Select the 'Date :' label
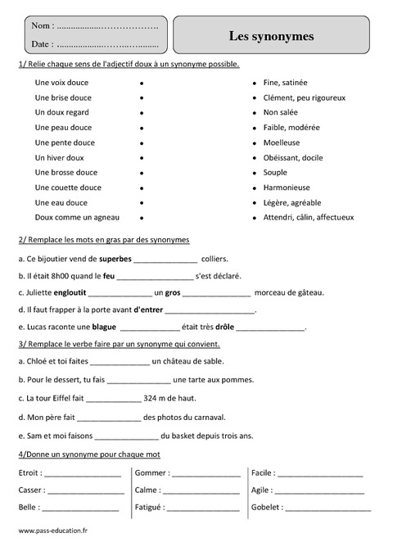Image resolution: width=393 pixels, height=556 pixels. tap(45, 44)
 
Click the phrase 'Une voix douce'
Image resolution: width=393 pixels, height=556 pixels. tap(61, 84)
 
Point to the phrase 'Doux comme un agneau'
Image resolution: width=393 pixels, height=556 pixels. tap(77, 217)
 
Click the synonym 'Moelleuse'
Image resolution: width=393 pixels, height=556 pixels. tap(282, 142)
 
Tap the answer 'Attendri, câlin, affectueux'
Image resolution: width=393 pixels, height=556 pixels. tap(309, 217)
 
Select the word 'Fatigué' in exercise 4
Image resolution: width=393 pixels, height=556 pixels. tap(148, 508)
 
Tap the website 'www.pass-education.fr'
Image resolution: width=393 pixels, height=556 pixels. tap(52, 531)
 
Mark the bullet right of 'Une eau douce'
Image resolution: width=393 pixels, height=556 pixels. tap(142, 202)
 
